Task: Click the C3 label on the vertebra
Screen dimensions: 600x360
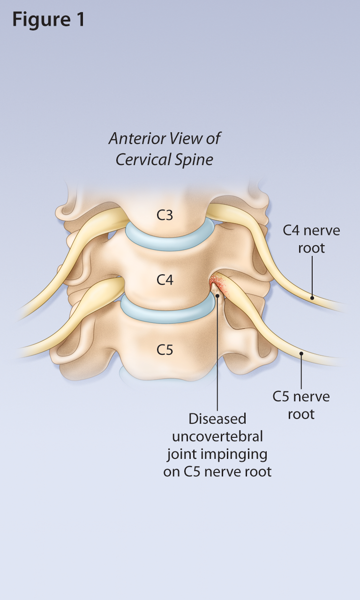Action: tap(165, 215)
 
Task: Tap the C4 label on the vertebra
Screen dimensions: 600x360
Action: tap(165, 280)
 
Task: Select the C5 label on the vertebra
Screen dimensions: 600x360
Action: tap(165, 350)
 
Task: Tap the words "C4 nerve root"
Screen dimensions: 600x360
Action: tap(311, 239)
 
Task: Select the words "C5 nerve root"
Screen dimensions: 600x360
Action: tap(301, 405)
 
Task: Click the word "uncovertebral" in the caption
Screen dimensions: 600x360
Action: tap(217, 436)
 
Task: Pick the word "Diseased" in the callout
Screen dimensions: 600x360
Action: tap(217, 418)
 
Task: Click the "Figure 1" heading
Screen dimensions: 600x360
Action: tap(48, 20)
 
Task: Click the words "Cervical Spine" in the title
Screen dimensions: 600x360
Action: tap(165, 159)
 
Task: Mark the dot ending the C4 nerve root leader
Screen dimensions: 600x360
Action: tap(312, 297)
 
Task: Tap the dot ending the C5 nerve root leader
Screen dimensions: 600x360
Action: tap(301, 354)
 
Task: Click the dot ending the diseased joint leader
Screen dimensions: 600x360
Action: tap(217, 296)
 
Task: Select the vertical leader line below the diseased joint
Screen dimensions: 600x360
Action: tap(217, 356)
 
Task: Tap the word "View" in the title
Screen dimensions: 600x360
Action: tap(198, 139)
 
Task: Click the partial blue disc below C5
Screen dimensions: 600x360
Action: tap(141, 373)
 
